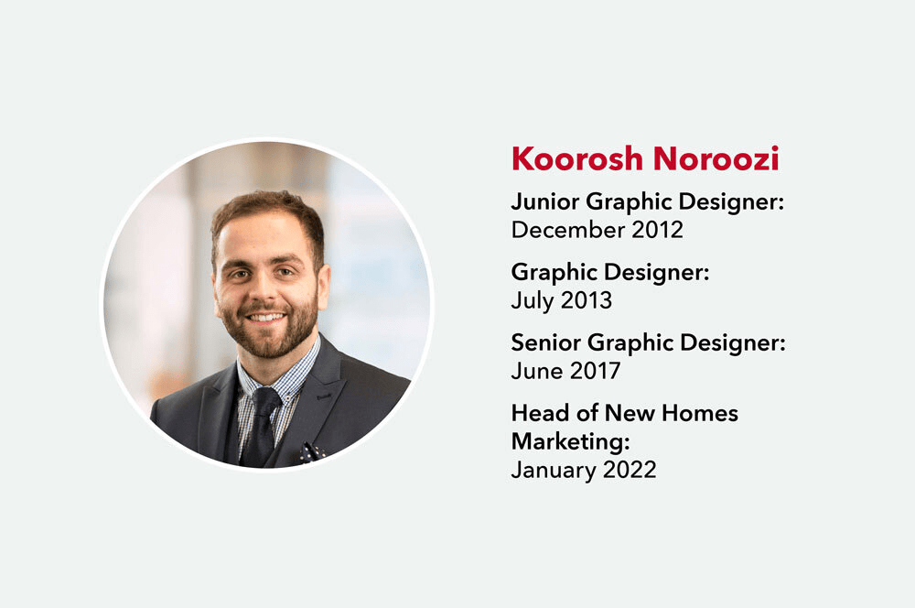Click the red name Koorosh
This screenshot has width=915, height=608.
tap(577, 158)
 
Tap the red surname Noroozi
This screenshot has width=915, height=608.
tap(716, 158)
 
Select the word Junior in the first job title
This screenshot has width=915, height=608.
tap(545, 201)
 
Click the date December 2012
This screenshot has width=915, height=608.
tap(597, 230)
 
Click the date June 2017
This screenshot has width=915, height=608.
tap(565, 371)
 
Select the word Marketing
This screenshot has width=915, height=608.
tap(570, 441)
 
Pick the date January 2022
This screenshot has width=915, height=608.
tap(584, 470)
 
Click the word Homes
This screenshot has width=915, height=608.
tap(700, 413)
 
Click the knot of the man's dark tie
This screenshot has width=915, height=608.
tap(267, 399)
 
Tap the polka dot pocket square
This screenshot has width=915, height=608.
tap(312, 451)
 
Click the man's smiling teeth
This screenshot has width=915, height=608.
tap(266, 318)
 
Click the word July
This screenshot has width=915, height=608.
tap(533, 300)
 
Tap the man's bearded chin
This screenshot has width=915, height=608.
tap(267, 344)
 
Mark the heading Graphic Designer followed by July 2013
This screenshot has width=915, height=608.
tap(610, 272)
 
